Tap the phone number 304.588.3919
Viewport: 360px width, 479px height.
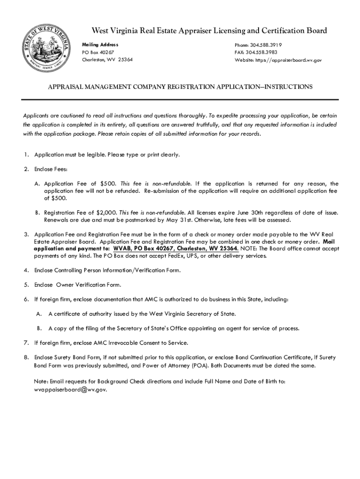coord(264,45)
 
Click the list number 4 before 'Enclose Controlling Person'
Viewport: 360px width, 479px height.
coord(26,270)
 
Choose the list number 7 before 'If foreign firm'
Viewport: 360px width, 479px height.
coord(26,343)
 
